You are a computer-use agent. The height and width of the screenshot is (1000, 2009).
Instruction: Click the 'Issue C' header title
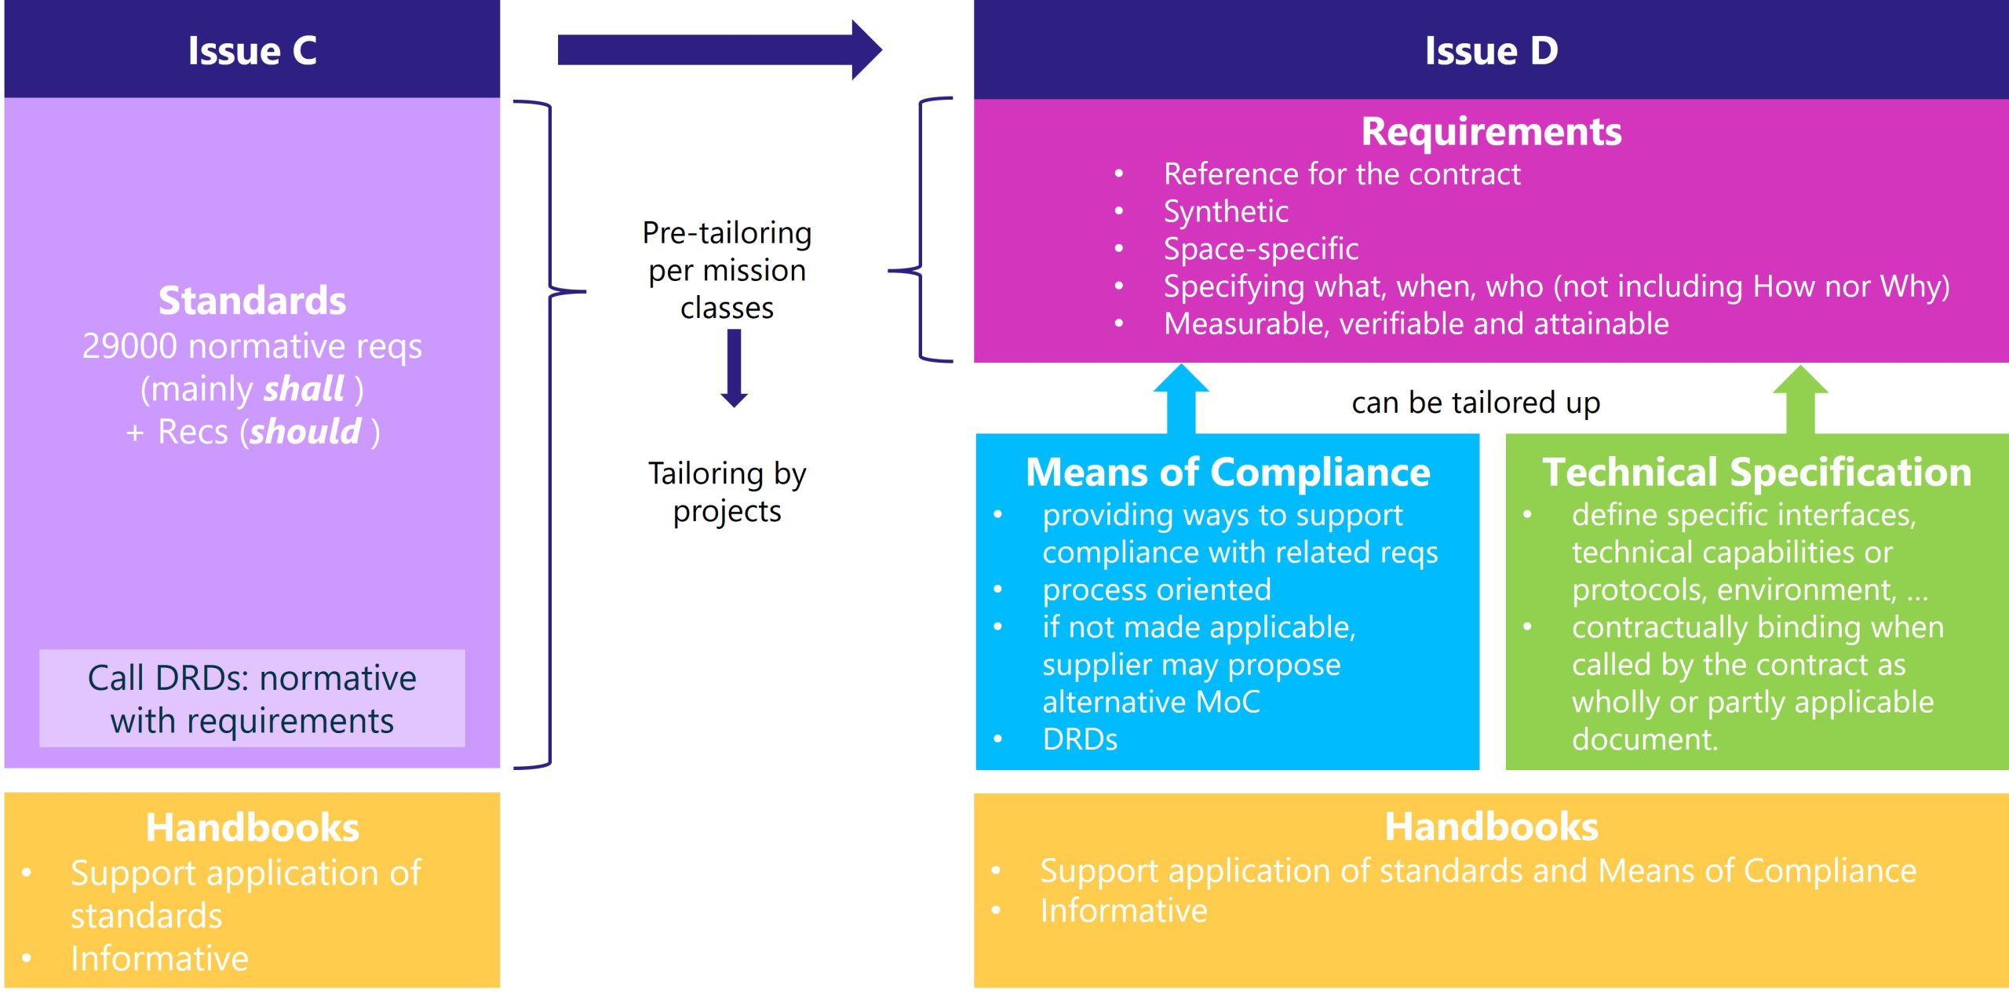point(252,51)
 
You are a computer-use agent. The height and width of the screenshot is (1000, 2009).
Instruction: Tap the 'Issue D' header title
point(1491,51)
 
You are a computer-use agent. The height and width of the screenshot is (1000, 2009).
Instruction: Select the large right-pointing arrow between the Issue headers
point(720,50)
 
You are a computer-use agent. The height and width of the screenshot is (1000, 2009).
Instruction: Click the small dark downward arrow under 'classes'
point(734,368)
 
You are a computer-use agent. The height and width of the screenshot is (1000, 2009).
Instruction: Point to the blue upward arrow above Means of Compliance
point(1181,398)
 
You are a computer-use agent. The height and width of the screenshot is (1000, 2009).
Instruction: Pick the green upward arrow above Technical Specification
point(1800,399)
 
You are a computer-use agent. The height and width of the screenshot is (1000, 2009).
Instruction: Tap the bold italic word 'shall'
point(304,389)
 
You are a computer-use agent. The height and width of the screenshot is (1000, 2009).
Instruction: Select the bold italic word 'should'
point(305,432)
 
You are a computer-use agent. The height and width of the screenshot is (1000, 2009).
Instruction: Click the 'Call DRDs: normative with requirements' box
point(252,699)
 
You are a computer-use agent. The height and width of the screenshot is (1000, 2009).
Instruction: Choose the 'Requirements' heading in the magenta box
point(1491,131)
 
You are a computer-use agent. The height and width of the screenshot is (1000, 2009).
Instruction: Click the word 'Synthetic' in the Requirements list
point(1226,212)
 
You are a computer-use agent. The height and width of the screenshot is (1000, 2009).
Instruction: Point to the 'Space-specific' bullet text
point(1261,249)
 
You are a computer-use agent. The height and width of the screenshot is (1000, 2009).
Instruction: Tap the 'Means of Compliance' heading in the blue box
point(1227,473)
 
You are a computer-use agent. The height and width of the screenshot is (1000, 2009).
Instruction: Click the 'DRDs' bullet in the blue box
point(1080,739)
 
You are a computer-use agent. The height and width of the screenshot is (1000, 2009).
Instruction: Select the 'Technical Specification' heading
point(1757,473)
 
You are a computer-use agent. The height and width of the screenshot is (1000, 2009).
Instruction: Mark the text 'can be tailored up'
point(1475,403)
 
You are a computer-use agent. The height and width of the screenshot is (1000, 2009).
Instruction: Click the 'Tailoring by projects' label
point(727,492)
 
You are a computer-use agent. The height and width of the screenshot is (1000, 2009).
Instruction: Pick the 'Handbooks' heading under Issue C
point(252,827)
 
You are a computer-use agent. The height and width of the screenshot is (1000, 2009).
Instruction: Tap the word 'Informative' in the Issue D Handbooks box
point(1124,911)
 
